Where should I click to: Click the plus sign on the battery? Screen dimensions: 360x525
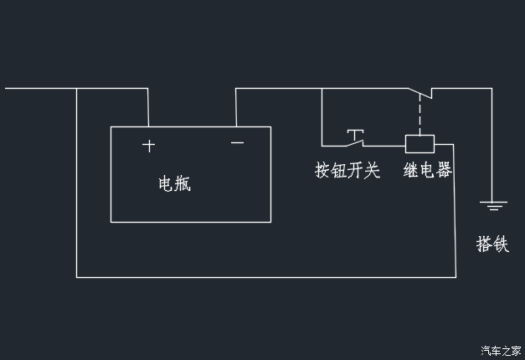pos(148,146)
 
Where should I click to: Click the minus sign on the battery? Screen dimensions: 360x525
pos(237,143)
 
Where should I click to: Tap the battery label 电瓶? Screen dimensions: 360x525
pos(175,184)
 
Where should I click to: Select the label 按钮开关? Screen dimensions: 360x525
pos(347,171)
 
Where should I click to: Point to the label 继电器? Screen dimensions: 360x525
pos(427,171)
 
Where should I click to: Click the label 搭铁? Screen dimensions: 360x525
pos(492,244)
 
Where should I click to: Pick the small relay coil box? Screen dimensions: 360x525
pos(419,142)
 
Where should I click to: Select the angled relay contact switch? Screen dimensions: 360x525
pos(419,93)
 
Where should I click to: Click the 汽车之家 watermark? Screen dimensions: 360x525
pos(501,350)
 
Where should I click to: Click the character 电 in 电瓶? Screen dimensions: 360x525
pos(167,184)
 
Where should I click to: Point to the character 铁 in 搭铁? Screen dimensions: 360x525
pos(501,244)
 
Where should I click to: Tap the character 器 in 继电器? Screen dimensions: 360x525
pos(444,171)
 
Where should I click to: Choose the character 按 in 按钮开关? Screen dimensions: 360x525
pos(322,171)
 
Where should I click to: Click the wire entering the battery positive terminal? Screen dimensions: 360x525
pos(147,107)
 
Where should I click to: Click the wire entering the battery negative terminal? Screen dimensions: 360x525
pos(236,107)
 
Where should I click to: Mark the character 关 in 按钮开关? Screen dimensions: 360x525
pos(373,171)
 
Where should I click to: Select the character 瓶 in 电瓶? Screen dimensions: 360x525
pos(183,184)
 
